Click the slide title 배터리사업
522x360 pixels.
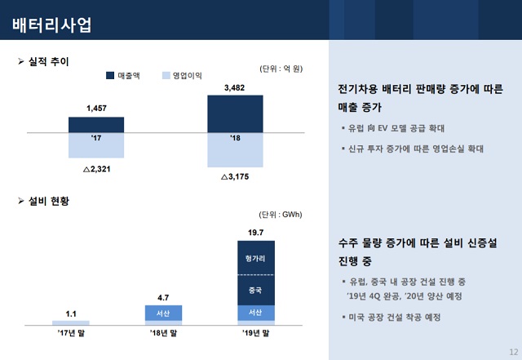(x=51, y=24)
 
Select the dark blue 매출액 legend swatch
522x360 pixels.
(x=111, y=75)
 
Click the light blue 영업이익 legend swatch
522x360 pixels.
(x=166, y=75)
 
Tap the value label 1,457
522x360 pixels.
(x=97, y=108)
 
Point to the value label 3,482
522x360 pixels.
(x=235, y=87)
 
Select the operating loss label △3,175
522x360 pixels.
(x=235, y=176)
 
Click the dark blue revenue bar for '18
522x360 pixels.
(x=235, y=113)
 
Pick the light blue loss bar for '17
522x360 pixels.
(x=96, y=144)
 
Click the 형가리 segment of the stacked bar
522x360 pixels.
(x=255, y=258)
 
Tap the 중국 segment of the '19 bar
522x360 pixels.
(x=255, y=289)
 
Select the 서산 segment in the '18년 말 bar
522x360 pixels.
(x=163, y=313)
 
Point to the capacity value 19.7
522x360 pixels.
(x=255, y=233)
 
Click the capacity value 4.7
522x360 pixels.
(x=163, y=297)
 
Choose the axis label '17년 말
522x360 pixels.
(x=71, y=333)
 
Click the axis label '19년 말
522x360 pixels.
(x=255, y=333)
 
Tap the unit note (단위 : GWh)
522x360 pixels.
(x=280, y=215)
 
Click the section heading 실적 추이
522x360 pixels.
(x=49, y=62)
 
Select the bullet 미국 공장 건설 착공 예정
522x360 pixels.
(x=395, y=317)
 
